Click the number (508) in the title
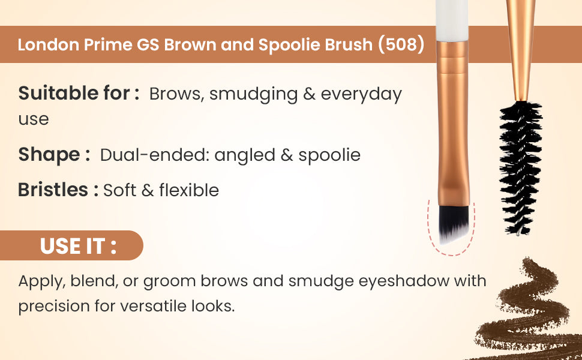point(401,44)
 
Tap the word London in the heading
point(48,44)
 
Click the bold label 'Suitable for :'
point(79,93)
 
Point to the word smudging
point(254,94)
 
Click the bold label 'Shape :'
point(54,155)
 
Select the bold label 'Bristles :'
point(58,190)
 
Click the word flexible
point(189,190)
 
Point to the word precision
point(53,307)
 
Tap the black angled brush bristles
point(454,224)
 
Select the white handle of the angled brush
point(452,20)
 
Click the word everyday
point(361,94)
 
